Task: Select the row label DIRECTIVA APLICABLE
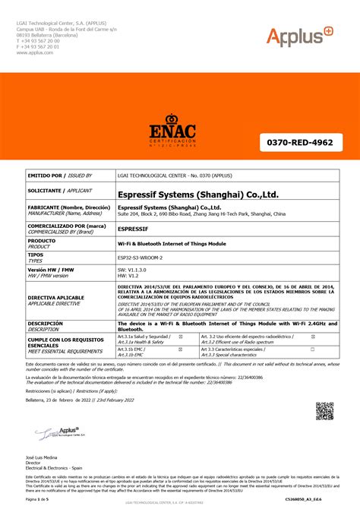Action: [x=56, y=298]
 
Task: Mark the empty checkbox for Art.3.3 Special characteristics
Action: [x=311, y=349]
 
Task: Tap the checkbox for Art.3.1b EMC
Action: [x=179, y=349]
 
